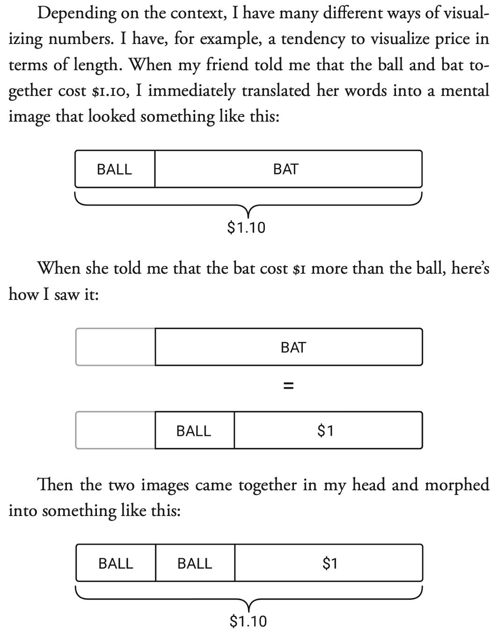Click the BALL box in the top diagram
click(115, 169)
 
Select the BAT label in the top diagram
click(286, 169)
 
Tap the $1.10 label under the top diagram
click(246, 228)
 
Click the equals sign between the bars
click(289, 386)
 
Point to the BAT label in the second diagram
click(293, 347)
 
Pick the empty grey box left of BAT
click(115, 347)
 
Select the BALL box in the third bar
click(194, 430)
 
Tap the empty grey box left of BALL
click(115, 430)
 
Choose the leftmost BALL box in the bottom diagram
click(116, 563)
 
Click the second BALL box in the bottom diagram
click(195, 563)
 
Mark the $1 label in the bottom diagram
click(330, 563)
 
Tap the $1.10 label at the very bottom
click(248, 621)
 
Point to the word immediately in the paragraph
click(192, 90)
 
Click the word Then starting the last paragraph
click(55, 485)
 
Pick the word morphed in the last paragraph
click(457, 485)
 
